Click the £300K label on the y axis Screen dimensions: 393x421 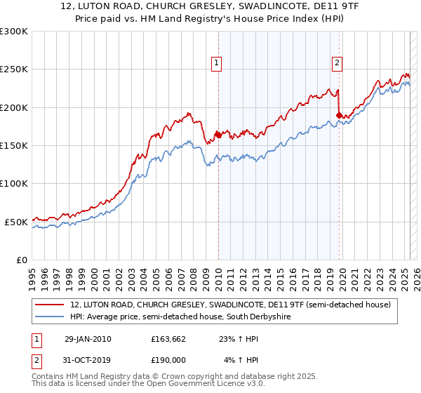(x=14, y=32)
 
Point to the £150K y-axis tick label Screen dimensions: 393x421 (x=14, y=146)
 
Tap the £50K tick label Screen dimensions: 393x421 (x=16, y=222)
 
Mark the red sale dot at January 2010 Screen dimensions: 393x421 (x=218, y=135)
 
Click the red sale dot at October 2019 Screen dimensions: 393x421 (x=339, y=115)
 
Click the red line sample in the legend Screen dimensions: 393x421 (x=51, y=305)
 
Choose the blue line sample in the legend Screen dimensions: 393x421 (x=51, y=317)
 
